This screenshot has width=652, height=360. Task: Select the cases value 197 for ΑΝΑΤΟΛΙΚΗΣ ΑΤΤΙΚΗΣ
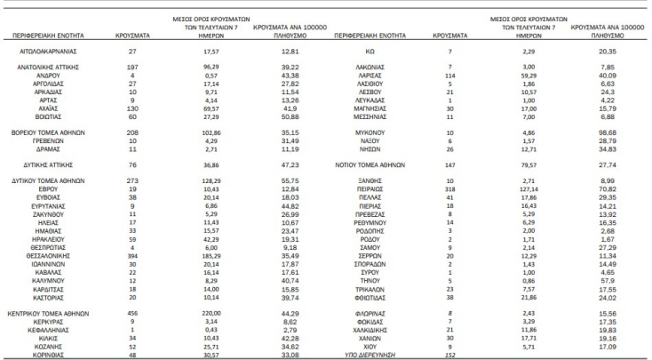132,68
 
